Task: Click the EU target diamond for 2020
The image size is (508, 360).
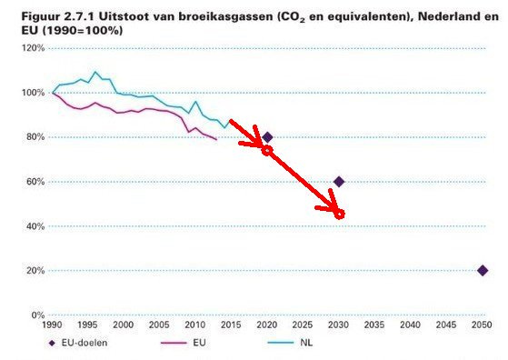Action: pos(267,137)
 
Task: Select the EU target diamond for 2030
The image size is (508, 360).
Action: pos(339,182)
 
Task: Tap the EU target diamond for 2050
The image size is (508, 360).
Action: pos(483,271)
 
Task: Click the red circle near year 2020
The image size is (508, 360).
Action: pos(267,150)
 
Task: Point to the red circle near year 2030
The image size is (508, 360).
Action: pos(339,215)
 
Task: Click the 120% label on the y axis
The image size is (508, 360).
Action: pos(33,48)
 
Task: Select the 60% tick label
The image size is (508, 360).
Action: pos(35,182)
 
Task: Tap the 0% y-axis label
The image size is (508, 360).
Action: pos(38,315)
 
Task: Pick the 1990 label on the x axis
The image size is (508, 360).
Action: pos(52,325)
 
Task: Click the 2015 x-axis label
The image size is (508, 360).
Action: pos(231,325)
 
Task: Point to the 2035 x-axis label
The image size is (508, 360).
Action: pos(374,325)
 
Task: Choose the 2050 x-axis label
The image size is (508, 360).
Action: pos(482,325)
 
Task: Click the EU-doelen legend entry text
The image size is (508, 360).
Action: pos(85,343)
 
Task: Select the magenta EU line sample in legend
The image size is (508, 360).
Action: pos(174,343)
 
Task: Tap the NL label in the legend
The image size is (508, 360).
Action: pos(306,343)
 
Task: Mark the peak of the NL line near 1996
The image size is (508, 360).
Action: pos(95,72)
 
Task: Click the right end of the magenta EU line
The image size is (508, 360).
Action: pos(216,139)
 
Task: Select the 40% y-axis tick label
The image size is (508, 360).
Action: pos(35,226)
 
